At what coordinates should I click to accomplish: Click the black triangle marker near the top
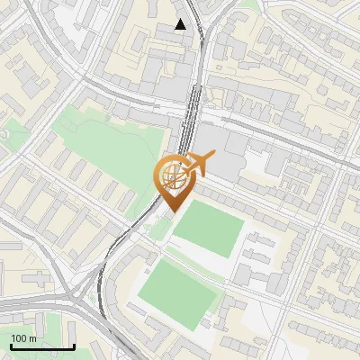point(182,24)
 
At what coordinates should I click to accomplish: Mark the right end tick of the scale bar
point(74,346)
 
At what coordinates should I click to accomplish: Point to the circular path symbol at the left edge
point(3,133)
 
